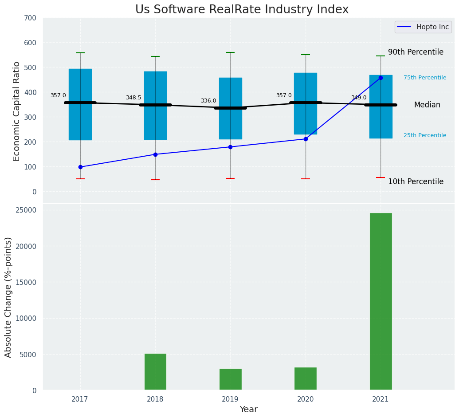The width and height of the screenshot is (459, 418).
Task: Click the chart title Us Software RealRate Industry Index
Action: (x=242, y=10)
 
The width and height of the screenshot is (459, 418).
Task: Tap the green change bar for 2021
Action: (x=381, y=301)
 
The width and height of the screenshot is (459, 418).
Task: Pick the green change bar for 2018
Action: (x=155, y=372)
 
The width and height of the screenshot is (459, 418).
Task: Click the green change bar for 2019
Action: (x=230, y=379)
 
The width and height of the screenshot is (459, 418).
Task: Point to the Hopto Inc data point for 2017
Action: (x=80, y=167)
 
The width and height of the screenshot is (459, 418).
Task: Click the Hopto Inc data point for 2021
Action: (x=381, y=78)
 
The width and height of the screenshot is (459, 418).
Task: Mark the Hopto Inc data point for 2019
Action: (x=230, y=147)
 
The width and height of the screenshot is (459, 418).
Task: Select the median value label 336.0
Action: (x=208, y=101)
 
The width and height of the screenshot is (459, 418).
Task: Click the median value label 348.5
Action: (x=133, y=98)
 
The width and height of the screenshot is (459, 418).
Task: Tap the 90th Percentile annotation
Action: (x=416, y=52)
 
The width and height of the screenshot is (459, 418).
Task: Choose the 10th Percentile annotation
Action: (x=416, y=182)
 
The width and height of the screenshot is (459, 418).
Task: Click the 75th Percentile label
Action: (x=425, y=78)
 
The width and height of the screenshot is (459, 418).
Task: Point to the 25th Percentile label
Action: (x=425, y=136)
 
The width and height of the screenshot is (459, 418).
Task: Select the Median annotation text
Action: (x=427, y=105)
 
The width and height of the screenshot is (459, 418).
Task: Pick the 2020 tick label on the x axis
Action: (x=306, y=399)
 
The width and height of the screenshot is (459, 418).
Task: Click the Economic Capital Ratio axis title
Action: (x=17, y=111)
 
